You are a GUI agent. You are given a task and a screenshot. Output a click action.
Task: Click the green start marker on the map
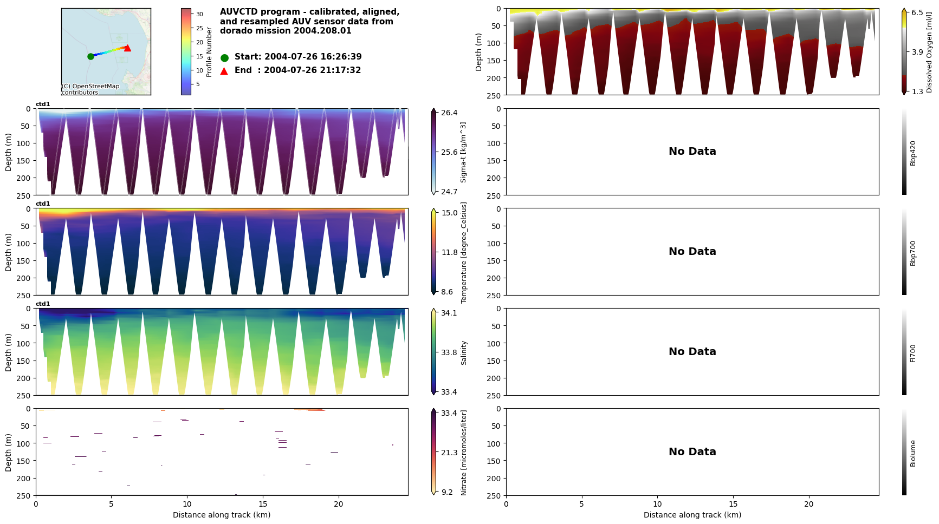[90, 56]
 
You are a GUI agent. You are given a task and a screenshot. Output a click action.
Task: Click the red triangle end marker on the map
[127, 48]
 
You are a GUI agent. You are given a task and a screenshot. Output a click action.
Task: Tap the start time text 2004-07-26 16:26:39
[313, 57]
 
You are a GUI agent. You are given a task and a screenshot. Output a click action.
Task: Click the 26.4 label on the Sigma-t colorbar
[449, 113]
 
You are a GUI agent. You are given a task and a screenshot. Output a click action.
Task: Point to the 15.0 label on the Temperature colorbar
[449, 213]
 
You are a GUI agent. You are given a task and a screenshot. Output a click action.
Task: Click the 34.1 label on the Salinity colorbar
[449, 313]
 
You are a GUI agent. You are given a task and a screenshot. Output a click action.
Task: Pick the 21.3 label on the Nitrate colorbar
[449, 453]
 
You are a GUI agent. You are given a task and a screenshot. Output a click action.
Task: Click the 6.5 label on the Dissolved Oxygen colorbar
[917, 12]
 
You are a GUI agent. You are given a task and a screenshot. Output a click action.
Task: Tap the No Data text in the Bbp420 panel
[692, 152]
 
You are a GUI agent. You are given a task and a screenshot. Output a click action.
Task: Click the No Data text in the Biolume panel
[692, 452]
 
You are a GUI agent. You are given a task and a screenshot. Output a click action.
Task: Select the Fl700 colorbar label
[913, 353]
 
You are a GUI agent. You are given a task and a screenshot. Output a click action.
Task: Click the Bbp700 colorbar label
[913, 253]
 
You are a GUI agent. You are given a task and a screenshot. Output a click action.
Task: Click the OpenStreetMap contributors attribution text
[90, 89]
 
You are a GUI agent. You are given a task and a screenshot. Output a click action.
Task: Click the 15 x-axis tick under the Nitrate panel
[263, 504]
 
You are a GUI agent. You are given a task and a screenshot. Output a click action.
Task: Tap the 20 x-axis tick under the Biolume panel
[808, 504]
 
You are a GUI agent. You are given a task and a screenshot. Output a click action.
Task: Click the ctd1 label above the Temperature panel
[43, 204]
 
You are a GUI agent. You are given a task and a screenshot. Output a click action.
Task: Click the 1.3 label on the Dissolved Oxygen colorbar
[917, 91]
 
